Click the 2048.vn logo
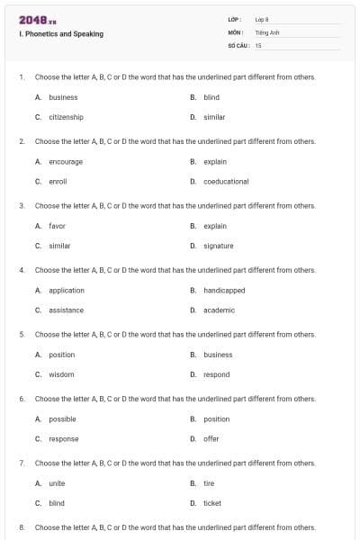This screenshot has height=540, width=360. click(37, 20)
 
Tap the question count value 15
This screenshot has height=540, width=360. click(258, 44)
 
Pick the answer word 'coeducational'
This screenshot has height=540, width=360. click(226, 181)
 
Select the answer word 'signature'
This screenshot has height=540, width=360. click(219, 246)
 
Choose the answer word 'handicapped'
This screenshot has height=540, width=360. click(224, 290)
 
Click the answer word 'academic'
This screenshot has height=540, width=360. click(219, 310)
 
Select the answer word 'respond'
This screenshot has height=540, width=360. click(217, 374)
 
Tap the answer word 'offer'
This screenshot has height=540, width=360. click(211, 438)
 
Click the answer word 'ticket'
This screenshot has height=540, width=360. click(212, 503)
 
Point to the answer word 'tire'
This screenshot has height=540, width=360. click(209, 483)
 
